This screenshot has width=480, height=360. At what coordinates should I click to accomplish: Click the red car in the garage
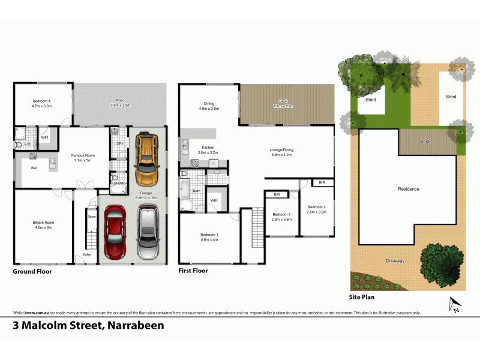(115, 231)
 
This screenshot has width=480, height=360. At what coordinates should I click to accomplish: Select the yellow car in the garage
(146, 160)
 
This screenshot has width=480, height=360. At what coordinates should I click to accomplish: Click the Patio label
(121, 103)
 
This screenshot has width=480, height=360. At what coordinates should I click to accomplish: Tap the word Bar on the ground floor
(34, 168)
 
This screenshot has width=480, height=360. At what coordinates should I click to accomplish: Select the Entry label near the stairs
(87, 254)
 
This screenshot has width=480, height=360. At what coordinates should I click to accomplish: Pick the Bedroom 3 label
(281, 217)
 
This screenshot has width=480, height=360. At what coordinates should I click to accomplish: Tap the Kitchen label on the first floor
(208, 149)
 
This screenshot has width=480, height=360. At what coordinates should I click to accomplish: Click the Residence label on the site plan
(409, 189)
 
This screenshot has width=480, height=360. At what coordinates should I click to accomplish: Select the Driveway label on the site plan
(395, 260)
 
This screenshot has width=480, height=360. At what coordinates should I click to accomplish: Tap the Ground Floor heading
(32, 271)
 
